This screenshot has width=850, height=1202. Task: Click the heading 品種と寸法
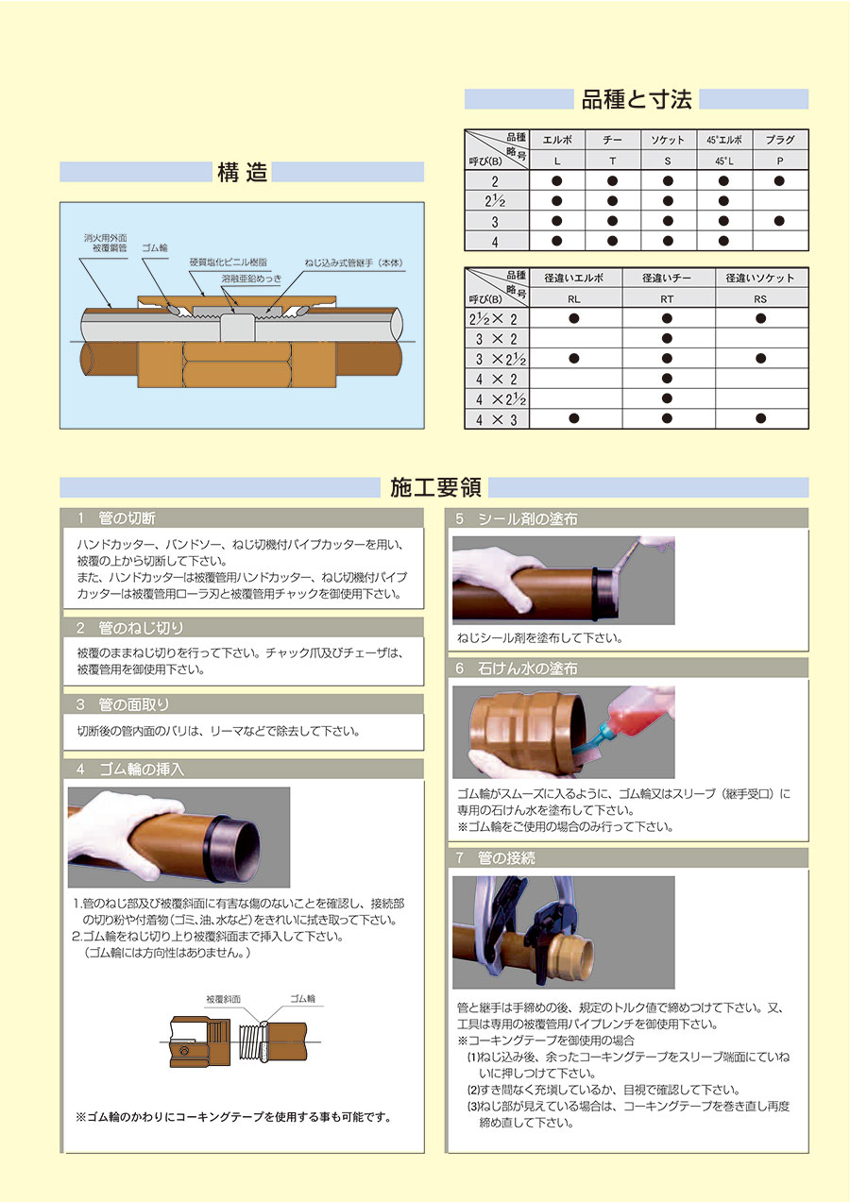click(x=637, y=100)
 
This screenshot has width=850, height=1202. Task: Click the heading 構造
click(x=242, y=172)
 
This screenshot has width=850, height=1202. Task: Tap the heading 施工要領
click(x=435, y=487)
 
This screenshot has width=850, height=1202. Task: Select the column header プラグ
click(x=780, y=140)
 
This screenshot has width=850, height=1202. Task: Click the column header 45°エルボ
click(x=723, y=140)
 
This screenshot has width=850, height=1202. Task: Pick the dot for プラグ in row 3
click(x=780, y=221)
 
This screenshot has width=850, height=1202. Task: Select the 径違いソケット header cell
click(x=760, y=278)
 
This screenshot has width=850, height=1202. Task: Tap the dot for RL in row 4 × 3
click(x=574, y=418)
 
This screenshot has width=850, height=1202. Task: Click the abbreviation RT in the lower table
click(x=667, y=299)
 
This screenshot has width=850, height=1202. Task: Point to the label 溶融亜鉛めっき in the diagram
click(x=251, y=279)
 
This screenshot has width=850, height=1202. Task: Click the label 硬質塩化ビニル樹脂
click(x=228, y=262)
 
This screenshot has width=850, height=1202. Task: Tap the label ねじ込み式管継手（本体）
click(x=353, y=262)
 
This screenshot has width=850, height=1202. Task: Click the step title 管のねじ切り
click(x=141, y=628)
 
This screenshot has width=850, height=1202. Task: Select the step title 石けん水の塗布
click(x=528, y=669)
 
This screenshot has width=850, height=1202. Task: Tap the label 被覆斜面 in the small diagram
click(x=224, y=999)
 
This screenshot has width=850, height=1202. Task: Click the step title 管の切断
click(x=127, y=518)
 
